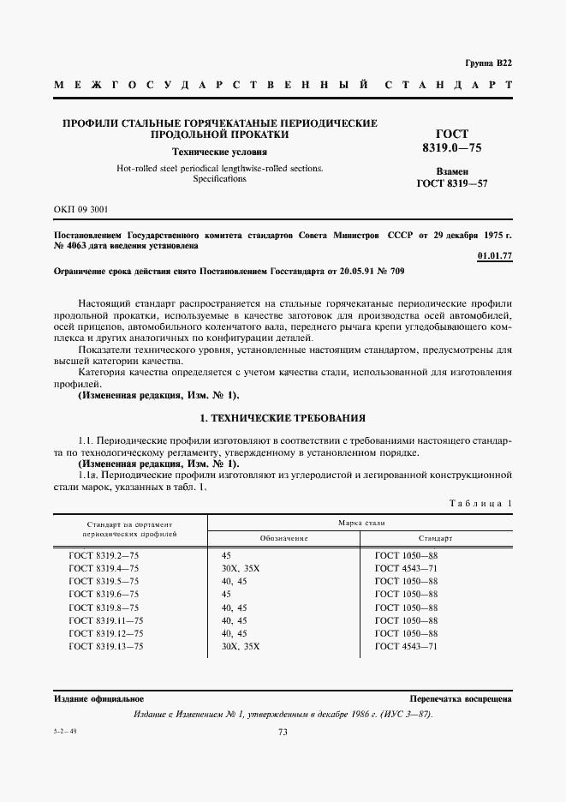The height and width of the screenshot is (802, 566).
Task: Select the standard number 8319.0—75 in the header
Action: [x=452, y=149]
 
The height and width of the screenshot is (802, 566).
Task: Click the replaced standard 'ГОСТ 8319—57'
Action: [x=452, y=183]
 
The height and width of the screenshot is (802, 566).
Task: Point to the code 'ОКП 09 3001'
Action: [x=80, y=209]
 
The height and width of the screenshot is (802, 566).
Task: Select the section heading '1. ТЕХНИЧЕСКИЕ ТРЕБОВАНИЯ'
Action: [x=283, y=418]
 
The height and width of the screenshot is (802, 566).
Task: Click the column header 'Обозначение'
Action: [x=283, y=538]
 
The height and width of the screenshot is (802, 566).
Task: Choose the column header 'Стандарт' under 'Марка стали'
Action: [x=436, y=538]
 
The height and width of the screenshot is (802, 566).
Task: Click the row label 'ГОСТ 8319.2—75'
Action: [x=104, y=556]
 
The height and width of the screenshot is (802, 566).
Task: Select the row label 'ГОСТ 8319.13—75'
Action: [x=106, y=646]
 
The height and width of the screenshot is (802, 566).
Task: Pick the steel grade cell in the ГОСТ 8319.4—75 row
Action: [x=239, y=569]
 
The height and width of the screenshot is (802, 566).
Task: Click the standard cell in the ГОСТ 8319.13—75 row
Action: [x=406, y=646]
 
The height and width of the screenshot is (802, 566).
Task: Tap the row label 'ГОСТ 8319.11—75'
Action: [x=106, y=620]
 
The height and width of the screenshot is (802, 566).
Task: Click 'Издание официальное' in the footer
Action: [x=98, y=699]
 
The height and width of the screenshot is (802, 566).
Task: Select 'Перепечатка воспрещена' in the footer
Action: [x=461, y=699]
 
